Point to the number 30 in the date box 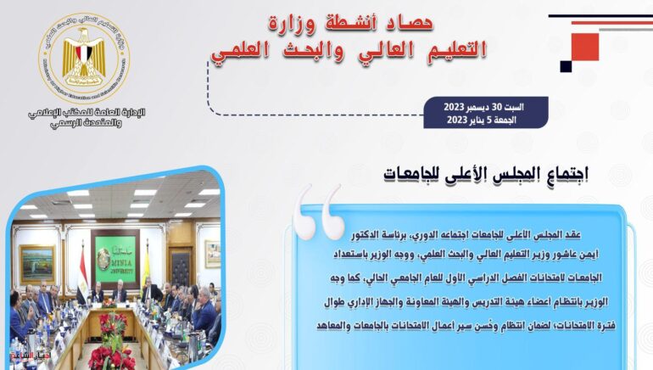point(501,108)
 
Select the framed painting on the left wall point(37,263)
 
